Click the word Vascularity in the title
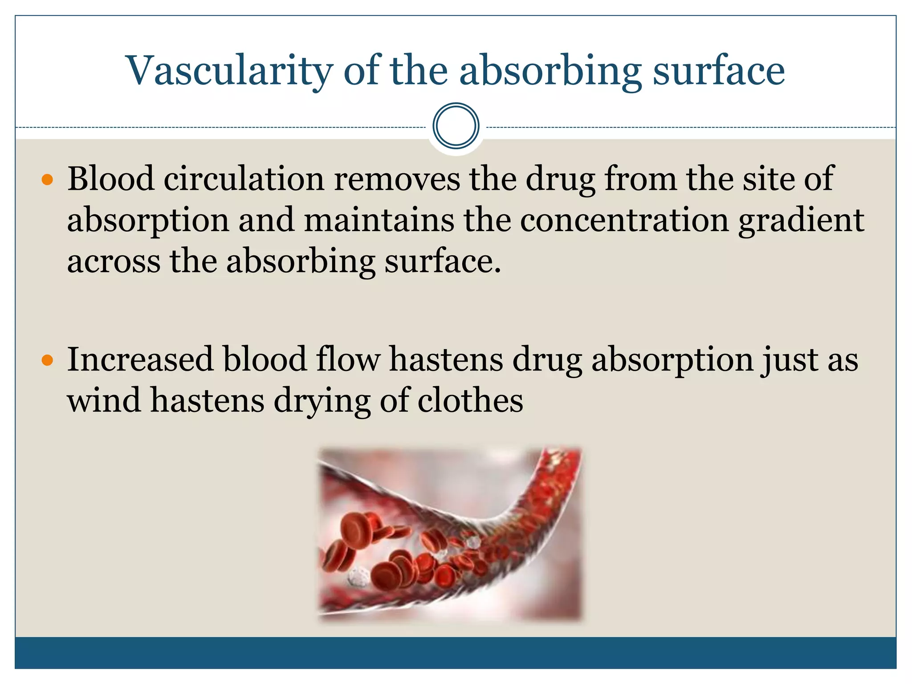coord(229,71)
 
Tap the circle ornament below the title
coord(456,126)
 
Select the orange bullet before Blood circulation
coord(47,180)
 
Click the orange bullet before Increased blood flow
coord(47,360)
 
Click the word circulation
coord(244,179)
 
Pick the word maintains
coord(379,220)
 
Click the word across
coord(114,262)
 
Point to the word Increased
coord(140,359)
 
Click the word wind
coord(104,400)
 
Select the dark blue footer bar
coord(456,652)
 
